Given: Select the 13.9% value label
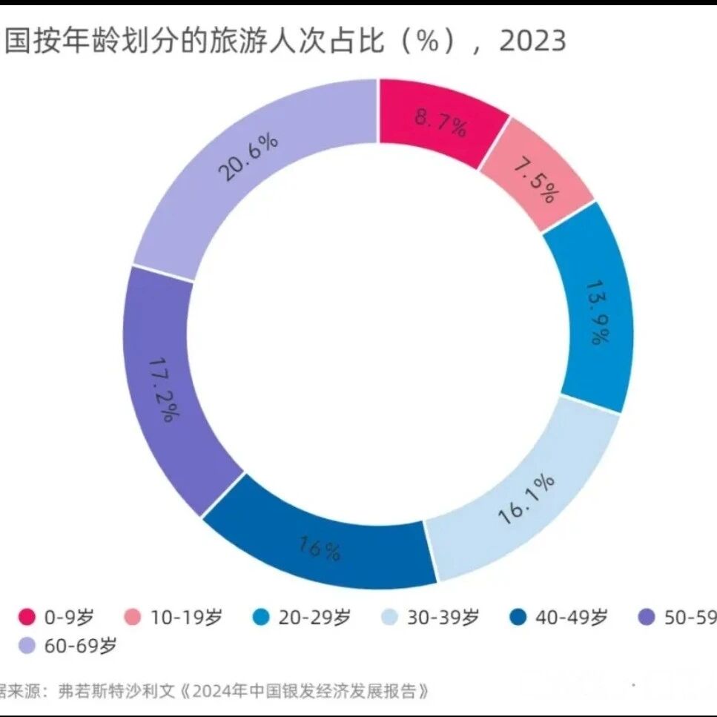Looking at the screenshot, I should click(598, 312).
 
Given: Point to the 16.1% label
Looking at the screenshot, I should click(526, 500).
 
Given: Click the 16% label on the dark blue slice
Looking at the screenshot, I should click(320, 548).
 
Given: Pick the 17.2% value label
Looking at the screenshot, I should click(161, 390).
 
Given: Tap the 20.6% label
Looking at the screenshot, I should click(248, 158).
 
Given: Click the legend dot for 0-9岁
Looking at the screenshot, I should click(27, 617).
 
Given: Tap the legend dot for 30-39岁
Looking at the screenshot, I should click(389, 617).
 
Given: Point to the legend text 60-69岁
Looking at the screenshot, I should click(81, 646).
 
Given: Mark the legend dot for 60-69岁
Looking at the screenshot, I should click(27, 646).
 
